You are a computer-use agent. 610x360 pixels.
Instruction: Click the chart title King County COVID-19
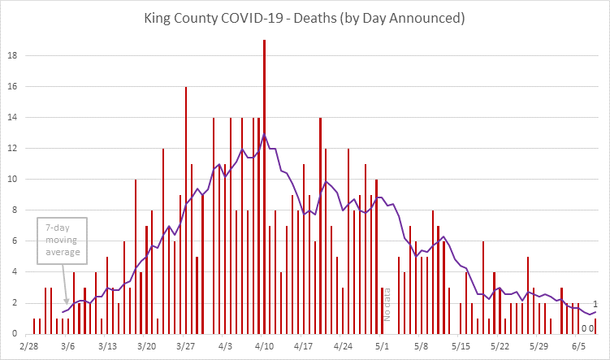coord(305,16)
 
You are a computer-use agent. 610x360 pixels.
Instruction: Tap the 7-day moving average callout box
coord(62,241)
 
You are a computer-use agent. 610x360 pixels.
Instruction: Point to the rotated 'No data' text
coord(387,305)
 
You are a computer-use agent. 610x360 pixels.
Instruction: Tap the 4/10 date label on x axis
coord(265,345)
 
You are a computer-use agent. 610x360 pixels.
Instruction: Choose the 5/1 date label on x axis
coord(382,345)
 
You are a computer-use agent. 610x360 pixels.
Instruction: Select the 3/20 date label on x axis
coord(147,345)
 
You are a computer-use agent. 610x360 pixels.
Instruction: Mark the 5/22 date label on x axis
coord(500,345)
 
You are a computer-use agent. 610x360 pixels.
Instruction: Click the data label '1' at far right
coord(595,303)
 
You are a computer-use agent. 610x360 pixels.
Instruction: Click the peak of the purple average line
coord(264,135)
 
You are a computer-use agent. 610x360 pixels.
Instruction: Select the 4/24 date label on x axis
coord(343,345)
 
